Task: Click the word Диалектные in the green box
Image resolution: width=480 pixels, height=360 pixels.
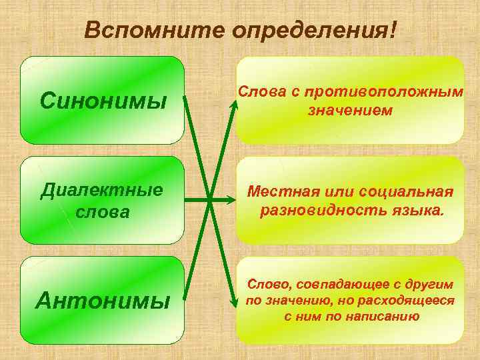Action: tap(102, 190)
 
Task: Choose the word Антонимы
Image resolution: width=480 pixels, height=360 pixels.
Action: tap(103, 301)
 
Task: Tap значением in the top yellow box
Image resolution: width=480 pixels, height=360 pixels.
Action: tap(349, 110)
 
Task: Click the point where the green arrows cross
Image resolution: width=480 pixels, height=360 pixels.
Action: tap(209, 199)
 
